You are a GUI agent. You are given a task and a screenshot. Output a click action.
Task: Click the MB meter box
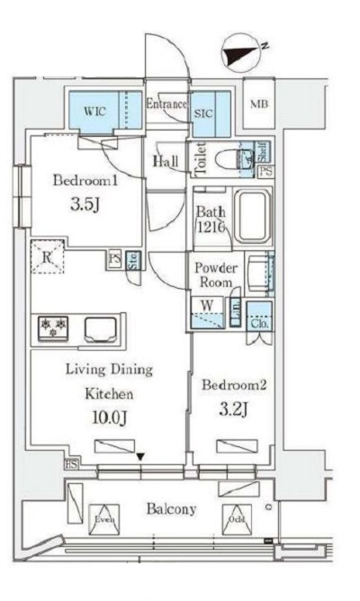point(258,104)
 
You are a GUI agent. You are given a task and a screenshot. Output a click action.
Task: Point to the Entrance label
point(166,103)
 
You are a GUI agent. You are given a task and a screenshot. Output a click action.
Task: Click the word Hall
point(165,162)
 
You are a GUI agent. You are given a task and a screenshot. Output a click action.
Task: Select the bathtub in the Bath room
point(251,218)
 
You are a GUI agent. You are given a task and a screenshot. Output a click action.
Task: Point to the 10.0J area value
point(109,418)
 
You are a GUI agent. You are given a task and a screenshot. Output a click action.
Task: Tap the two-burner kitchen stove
point(52,328)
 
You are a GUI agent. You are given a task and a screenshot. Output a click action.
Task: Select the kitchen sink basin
point(103,329)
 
